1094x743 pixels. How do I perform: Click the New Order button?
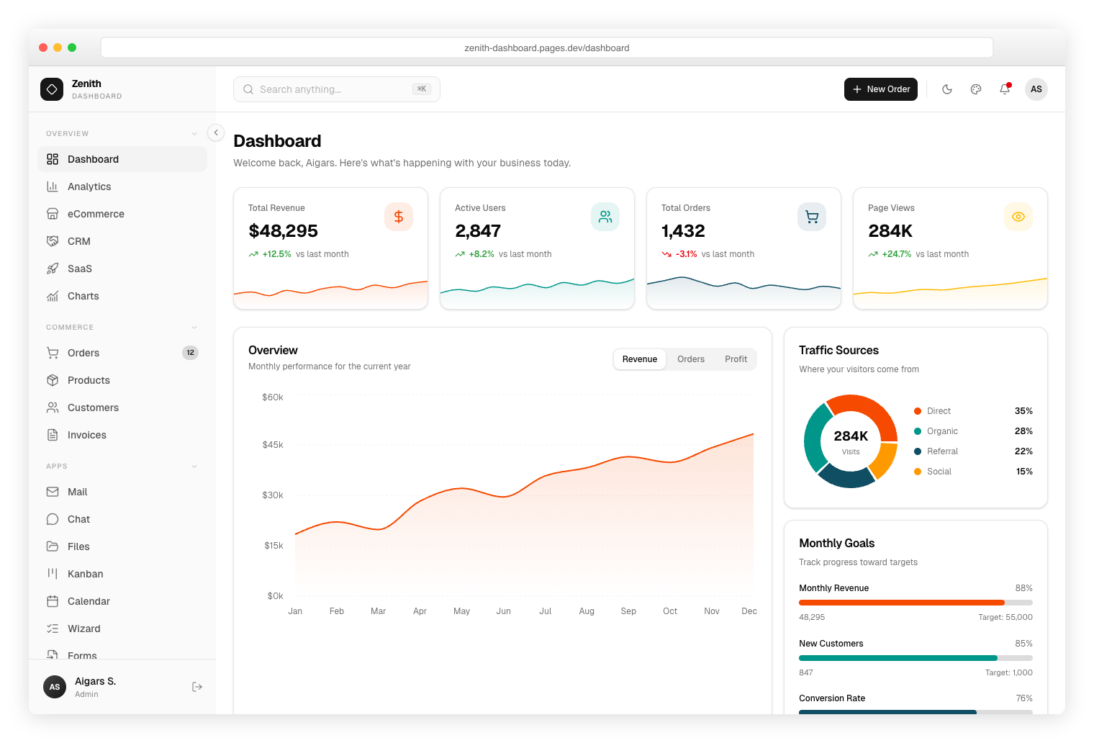pos(880,89)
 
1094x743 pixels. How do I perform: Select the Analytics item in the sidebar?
pos(89,186)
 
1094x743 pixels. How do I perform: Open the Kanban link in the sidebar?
pos(85,574)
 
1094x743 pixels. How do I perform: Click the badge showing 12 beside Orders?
pos(190,353)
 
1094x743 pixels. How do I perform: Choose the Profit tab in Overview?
pos(736,359)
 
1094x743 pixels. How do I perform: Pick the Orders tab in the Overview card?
pos(690,359)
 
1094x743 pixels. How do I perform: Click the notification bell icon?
pos(1005,89)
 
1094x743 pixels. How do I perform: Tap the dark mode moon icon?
pos(947,89)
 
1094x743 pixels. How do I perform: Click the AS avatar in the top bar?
pos(1036,89)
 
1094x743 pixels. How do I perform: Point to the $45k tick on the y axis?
pos(273,445)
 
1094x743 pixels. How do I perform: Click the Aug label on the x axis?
pos(587,611)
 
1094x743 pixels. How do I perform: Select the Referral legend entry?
pos(942,451)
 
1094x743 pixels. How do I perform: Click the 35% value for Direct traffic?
pos(1023,411)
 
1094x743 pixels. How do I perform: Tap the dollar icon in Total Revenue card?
pos(399,217)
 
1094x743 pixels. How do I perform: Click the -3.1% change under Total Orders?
pos(686,254)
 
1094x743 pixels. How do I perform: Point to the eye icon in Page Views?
pos(1018,217)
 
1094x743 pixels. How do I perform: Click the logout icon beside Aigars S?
pos(197,687)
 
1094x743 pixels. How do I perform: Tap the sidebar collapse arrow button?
pos(216,132)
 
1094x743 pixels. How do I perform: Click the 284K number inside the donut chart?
pos(851,436)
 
